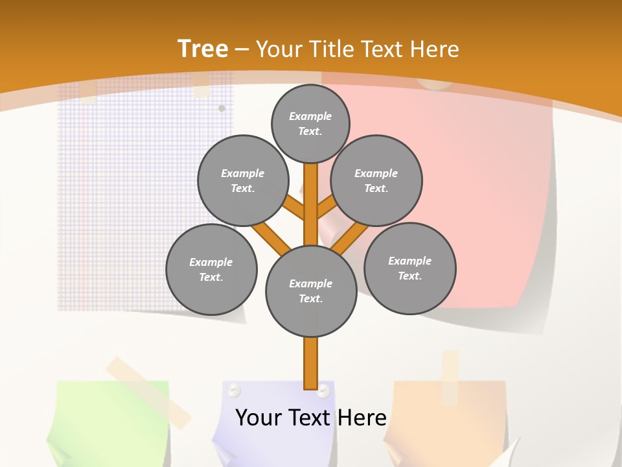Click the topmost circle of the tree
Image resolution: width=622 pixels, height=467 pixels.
coord(310,123)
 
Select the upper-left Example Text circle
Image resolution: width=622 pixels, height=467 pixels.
coord(243,180)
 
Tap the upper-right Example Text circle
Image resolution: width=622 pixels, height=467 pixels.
coord(376,180)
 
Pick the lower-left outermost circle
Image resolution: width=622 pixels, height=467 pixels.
coord(211,269)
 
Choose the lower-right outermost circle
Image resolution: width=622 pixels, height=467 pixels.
coord(410,268)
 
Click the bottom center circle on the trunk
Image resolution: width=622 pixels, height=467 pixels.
coord(311,291)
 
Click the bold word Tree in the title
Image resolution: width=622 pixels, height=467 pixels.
coord(203,49)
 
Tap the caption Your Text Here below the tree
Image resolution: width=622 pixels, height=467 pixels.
coord(310,418)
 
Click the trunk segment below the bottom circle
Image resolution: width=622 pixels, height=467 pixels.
coord(310,363)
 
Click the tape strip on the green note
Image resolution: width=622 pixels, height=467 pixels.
coord(149,389)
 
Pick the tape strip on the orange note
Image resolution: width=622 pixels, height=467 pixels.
coord(450,376)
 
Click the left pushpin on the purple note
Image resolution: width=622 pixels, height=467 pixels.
coord(234,390)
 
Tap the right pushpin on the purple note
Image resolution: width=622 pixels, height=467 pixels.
coord(323,391)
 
